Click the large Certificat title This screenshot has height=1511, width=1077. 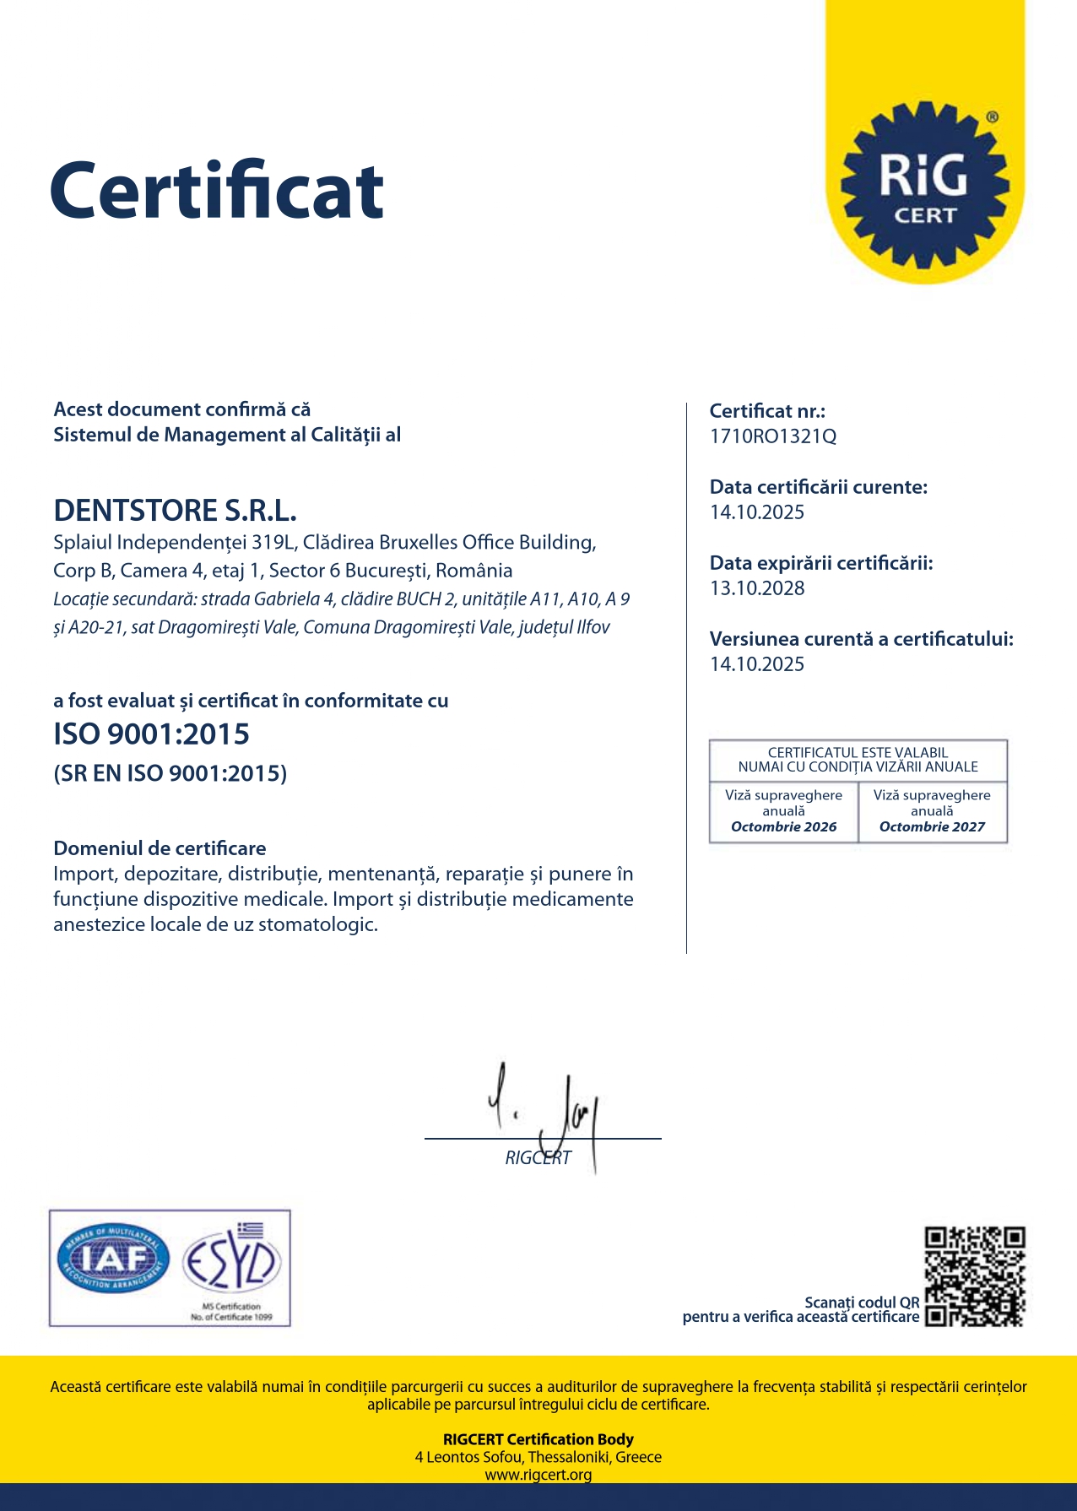(217, 191)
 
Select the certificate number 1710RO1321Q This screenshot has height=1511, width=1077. (772, 436)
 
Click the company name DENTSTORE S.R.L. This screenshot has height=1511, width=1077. (175, 511)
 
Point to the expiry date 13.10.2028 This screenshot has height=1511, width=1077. (757, 588)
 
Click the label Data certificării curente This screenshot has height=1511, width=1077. (818, 487)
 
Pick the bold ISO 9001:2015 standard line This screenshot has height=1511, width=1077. (151, 734)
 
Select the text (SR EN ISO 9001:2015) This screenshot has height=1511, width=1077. (170, 773)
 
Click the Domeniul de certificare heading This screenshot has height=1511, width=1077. (160, 848)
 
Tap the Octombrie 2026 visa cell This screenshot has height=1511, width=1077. (783, 812)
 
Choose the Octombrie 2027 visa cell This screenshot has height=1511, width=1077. (932, 812)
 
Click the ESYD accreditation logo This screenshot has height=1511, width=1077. (230, 1262)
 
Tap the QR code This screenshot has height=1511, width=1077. (974, 1276)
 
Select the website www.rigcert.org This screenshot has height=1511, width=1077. (538, 1475)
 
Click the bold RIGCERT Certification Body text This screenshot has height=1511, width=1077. (538, 1439)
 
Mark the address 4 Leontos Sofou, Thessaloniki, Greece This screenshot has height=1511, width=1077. (538, 1457)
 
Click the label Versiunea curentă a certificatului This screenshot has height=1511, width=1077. (861, 639)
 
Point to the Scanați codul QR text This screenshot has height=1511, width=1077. (862, 1302)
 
